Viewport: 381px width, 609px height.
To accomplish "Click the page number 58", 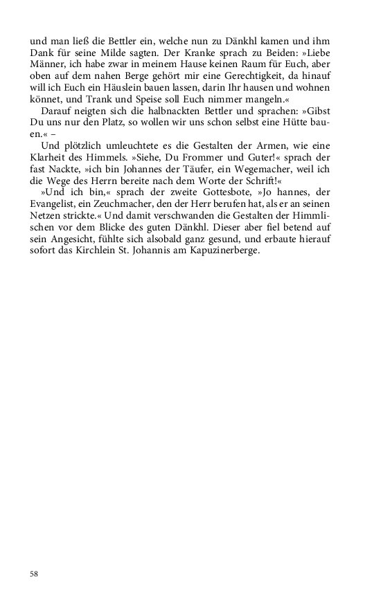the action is pos(34,574).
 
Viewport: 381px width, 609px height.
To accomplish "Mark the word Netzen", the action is pos(45,213).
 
